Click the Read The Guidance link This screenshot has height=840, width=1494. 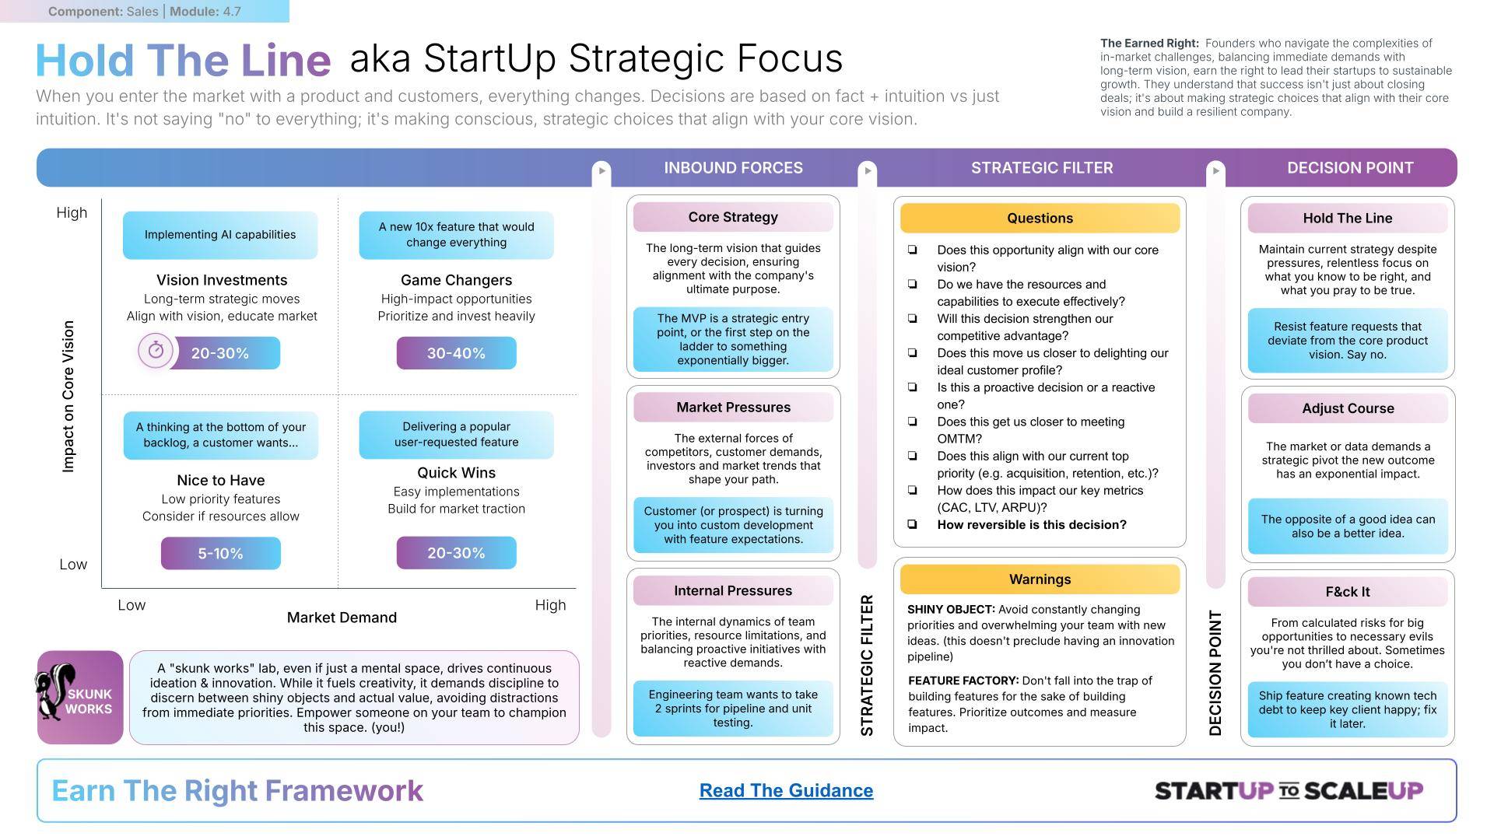(x=786, y=790)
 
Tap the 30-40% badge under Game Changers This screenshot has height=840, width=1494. (x=456, y=353)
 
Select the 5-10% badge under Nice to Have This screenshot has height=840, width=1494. (x=220, y=553)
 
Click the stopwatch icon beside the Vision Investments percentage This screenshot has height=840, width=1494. (x=156, y=351)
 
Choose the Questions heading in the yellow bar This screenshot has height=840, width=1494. (x=1040, y=218)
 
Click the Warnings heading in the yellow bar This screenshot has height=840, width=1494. (x=1040, y=579)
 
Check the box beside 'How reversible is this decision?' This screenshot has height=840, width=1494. (x=912, y=524)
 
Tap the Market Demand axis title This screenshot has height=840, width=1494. (x=342, y=618)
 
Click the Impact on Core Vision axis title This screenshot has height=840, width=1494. (x=68, y=396)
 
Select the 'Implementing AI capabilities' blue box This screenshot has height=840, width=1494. (x=220, y=235)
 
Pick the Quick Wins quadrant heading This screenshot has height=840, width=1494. (x=456, y=473)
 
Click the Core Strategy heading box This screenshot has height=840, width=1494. (x=733, y=217)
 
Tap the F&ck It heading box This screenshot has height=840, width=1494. (x=1348, y=592)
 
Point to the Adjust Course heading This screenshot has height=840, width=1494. (x=1348, y=408)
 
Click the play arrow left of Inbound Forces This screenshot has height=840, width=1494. (x=601, y=170)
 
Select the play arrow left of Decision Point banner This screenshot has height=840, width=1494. (x=1215, y=170)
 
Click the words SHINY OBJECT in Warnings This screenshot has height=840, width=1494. (x=951, y=610)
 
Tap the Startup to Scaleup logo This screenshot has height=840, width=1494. (x=1289, y=791)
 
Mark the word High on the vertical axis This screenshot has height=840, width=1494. (x=72, y=213)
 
